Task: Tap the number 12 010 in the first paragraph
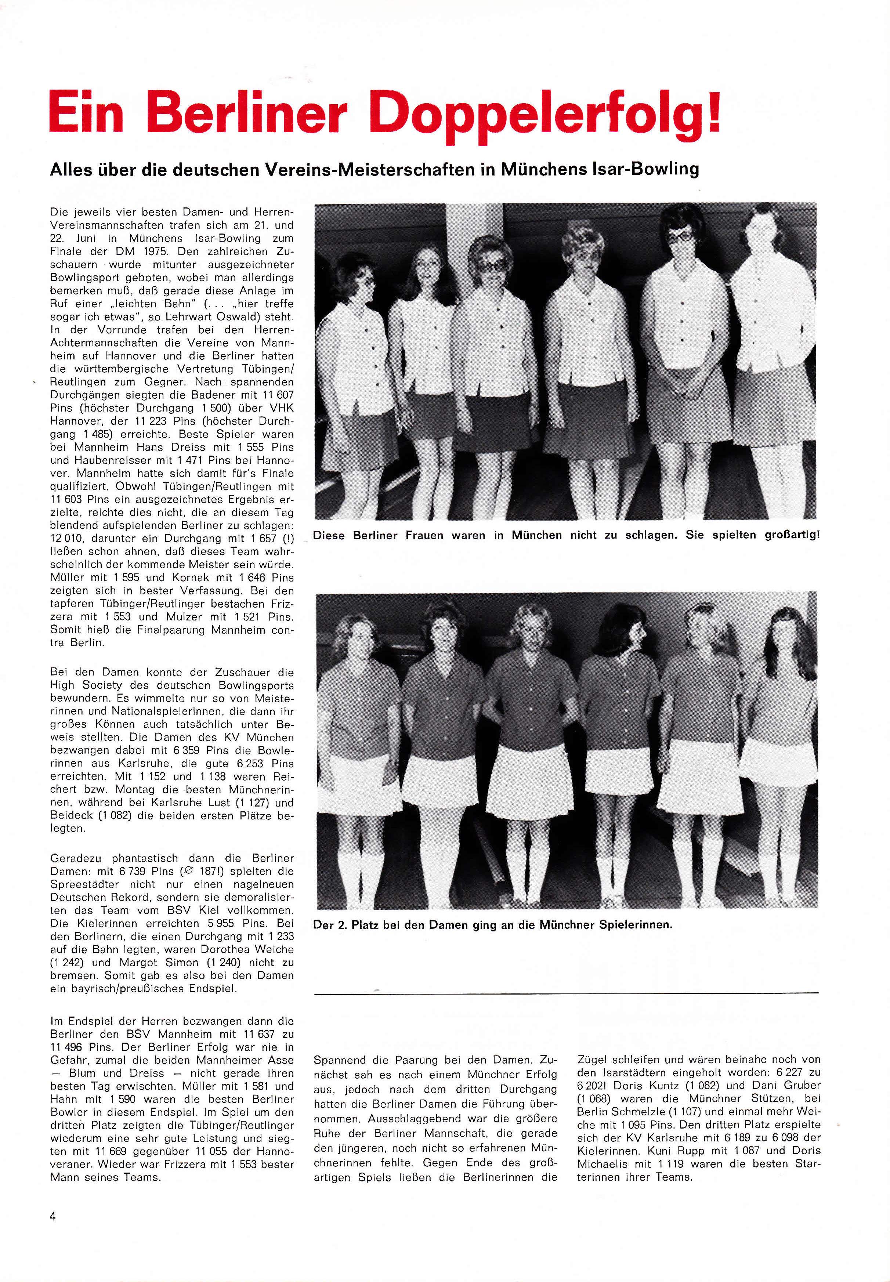70,539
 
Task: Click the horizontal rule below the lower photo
567,993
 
